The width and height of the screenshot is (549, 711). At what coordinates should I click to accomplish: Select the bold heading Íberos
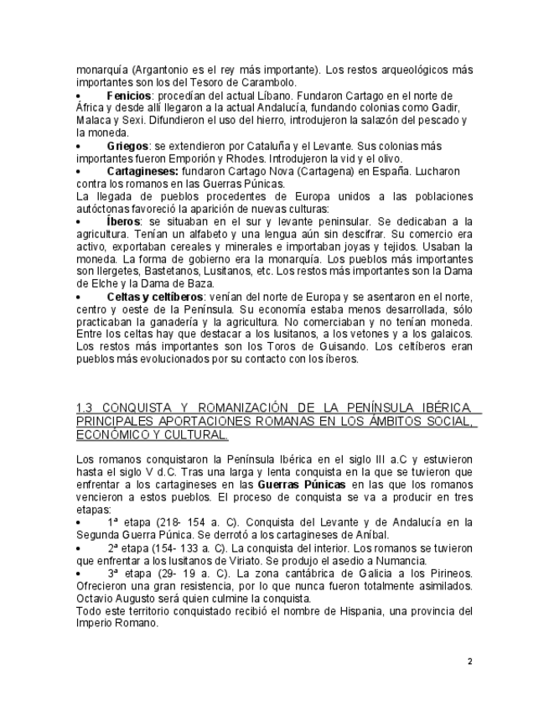pos(123,221)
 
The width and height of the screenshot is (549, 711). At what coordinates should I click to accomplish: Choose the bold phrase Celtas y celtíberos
pos(155,297)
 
